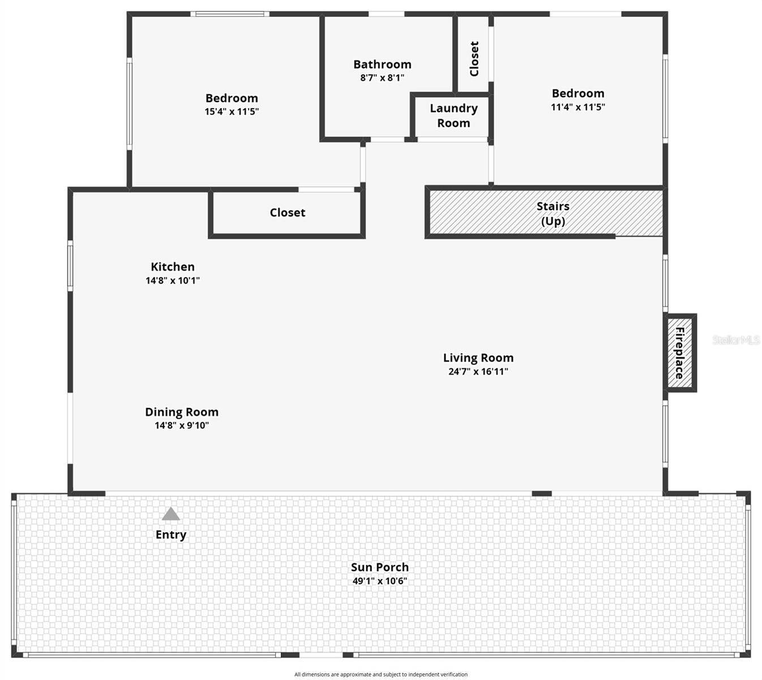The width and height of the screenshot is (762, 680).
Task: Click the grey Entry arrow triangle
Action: (171, 515)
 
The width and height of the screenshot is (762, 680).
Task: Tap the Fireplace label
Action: (679, 352)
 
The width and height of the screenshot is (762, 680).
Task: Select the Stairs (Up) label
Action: (553, 214)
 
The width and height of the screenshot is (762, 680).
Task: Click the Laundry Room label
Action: (453, 116)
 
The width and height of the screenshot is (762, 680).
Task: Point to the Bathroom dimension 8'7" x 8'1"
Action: (382, 78)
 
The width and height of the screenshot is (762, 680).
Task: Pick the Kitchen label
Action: (173, 267)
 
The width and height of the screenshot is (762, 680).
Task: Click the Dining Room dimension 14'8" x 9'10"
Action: (182, 426)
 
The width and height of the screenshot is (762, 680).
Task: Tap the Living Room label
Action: (478, 358)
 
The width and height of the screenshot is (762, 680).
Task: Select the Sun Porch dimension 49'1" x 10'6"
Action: (380, 581)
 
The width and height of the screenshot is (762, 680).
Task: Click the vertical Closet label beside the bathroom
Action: (474, 58)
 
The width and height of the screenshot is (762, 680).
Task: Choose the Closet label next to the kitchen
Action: (288, 212)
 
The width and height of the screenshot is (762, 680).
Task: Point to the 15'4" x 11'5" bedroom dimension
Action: (232, 112)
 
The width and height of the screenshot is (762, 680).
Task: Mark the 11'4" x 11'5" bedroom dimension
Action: (578, 107)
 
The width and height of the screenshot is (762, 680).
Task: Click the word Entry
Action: (171, 535)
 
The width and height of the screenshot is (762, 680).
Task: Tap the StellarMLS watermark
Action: (735, 340)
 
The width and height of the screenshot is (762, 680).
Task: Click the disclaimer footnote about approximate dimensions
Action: (381, 674)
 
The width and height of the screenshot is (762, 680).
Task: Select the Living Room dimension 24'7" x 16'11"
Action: (478, 372)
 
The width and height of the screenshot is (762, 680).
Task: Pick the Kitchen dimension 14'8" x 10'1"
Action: (173, 280)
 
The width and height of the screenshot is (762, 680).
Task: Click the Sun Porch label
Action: (380, 567)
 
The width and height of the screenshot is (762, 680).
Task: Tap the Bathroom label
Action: (382, 64)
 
